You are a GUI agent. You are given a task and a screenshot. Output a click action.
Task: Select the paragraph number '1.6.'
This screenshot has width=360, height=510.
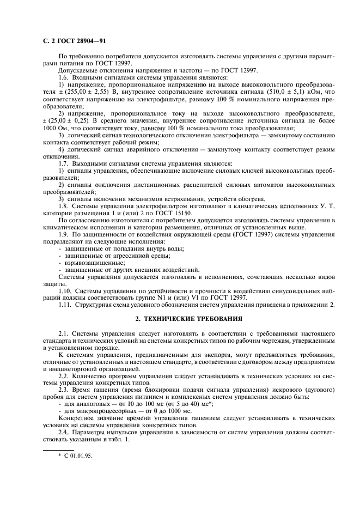pos(65,78)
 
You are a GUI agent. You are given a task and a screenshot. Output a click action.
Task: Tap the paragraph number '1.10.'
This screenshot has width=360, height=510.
pos(66,291)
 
